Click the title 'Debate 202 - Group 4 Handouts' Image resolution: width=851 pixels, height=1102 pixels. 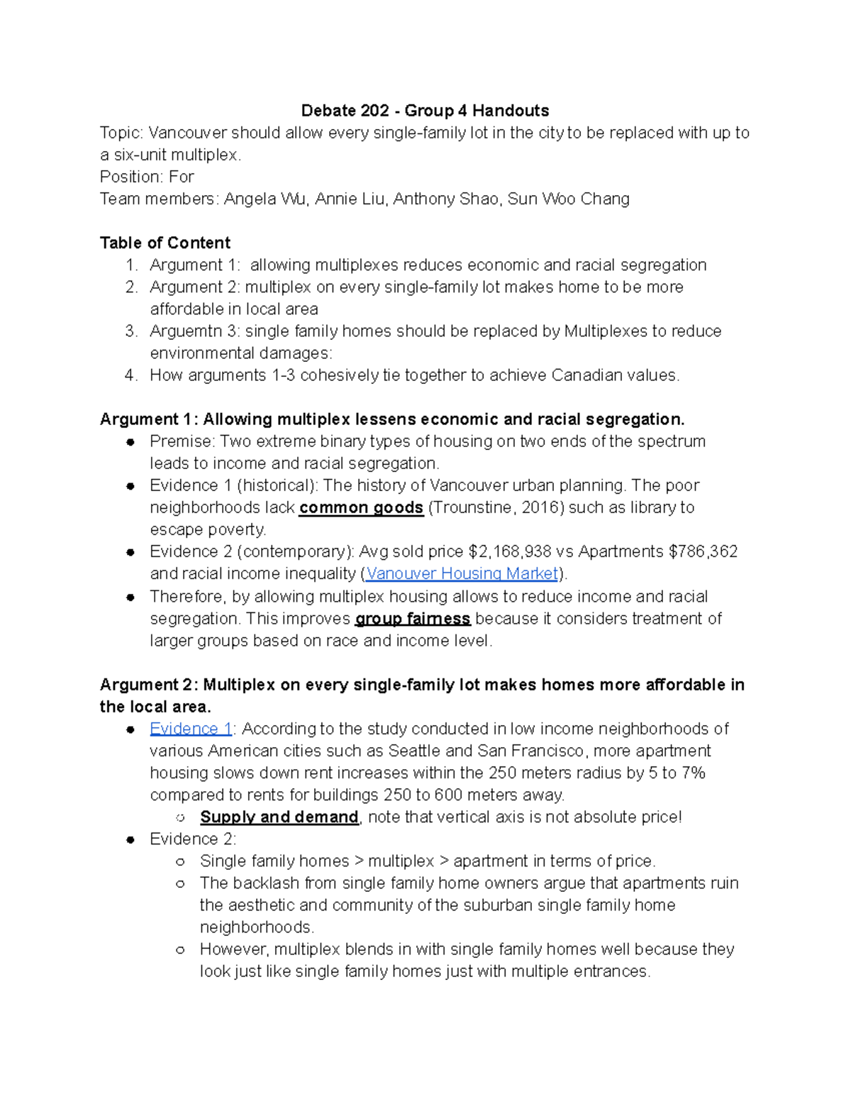tap(425, 111)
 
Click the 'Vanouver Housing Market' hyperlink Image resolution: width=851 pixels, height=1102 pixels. tap(462, 573)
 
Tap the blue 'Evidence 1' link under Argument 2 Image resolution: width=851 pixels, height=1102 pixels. tap(190, 729)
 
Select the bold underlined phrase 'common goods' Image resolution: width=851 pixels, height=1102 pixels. tap(361, 508)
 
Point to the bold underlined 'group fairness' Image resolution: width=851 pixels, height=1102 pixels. tap(412, 619)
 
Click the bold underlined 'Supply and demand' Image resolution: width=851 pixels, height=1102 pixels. tap(279, 817)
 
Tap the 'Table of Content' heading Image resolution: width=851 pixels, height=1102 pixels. tap(165, 243)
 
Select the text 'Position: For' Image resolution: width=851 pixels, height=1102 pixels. tap(147, 177)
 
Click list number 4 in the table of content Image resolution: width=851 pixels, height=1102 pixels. tap(130, 375)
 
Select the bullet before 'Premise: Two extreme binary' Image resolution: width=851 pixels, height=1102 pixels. tap(130, 442)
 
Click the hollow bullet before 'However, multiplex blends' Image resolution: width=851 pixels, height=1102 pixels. tap(180, 949)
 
